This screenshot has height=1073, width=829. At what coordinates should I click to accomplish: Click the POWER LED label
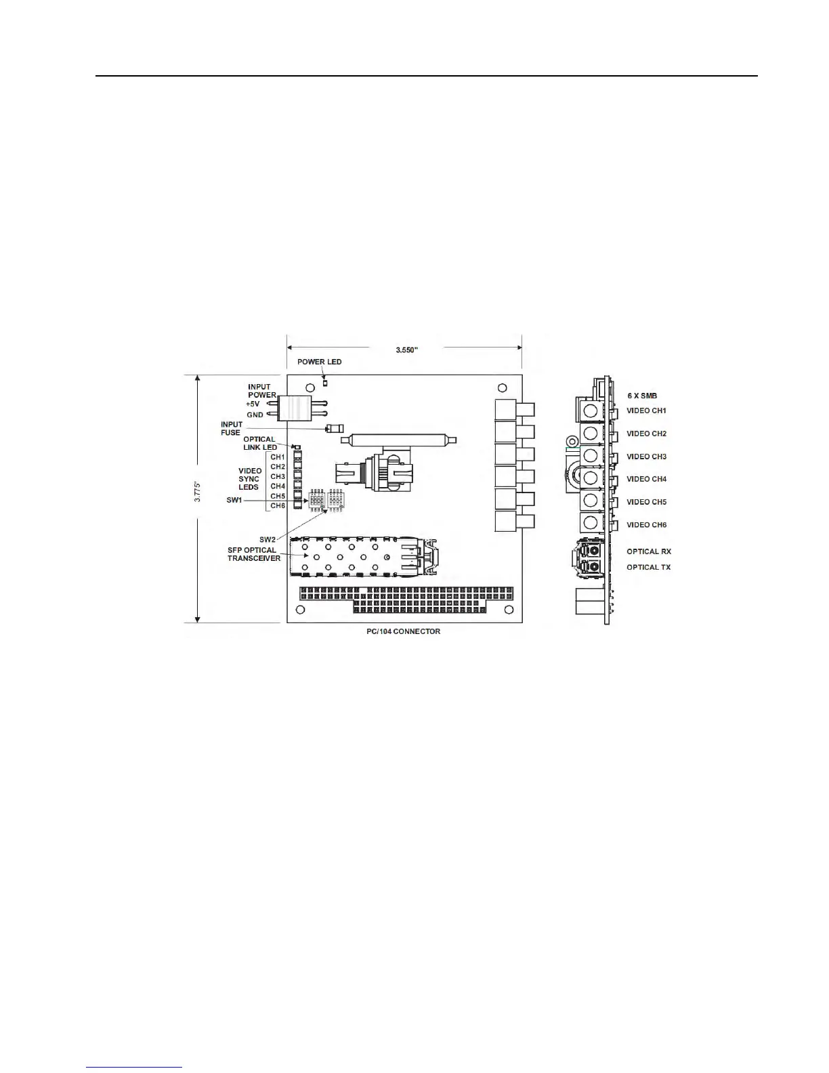tap(320, 362)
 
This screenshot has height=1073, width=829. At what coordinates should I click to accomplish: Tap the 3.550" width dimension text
tap(407, 350)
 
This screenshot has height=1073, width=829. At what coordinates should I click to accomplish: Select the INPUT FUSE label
tap(231, 429)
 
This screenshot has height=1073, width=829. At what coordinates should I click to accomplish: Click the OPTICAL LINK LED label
tap(260, 443)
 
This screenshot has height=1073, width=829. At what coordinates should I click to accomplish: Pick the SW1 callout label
tap(234, 500)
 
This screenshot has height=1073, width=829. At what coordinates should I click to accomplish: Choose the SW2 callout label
tap(268, 539)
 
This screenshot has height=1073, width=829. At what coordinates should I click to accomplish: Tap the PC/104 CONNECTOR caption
tap(399, 631)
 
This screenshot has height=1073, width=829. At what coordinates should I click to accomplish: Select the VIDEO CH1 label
tap(646, 411)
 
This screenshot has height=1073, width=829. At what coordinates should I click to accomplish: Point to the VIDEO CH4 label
tap(646, 479)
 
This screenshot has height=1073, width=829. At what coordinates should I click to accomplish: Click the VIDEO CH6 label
tap(646, 525)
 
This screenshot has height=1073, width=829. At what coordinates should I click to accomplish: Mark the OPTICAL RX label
tap(648, 551)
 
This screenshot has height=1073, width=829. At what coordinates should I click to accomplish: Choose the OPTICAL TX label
tap(648, 567)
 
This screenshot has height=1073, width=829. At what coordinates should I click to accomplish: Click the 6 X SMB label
tap(641, 396)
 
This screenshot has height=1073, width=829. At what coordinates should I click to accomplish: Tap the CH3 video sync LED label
tap(278, 476)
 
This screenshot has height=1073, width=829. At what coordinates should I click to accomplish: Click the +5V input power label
tap(253, 404)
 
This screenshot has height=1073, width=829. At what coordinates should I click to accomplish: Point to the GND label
tap(255, 415)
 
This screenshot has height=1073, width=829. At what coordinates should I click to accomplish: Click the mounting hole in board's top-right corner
tap(502, 388)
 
